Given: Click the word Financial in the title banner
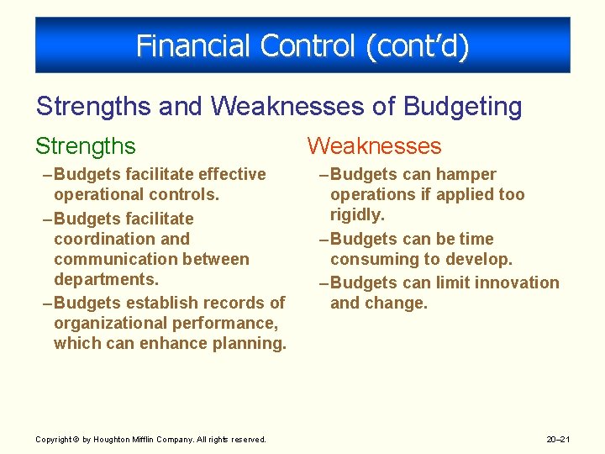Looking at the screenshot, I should [x=187, y=45].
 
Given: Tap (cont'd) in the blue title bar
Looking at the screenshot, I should [x=417, y=45].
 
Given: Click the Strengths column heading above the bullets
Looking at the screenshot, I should [x=85, y=146].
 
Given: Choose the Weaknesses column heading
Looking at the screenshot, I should [x=374, y=146].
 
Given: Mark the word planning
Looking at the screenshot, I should [x=250, y=343].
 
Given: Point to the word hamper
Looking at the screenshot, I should [x=467, y=174].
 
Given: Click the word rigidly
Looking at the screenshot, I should [x=357, y=215].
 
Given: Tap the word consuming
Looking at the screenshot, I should [x=370, y=259].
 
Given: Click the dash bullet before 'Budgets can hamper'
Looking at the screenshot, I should [x=324, y=174].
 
